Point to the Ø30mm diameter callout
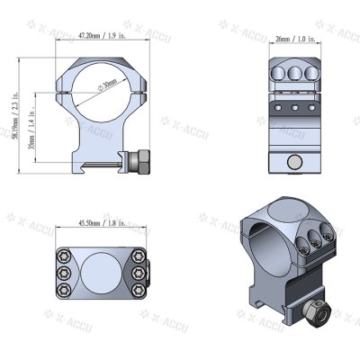107,87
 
